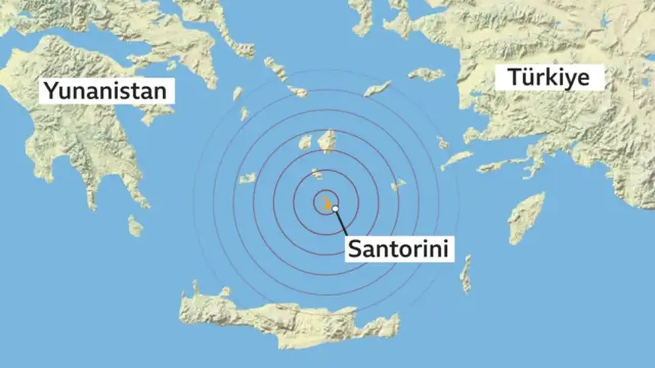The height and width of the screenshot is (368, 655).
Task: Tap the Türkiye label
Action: point(549,78)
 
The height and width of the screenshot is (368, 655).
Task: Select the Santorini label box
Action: point(399,249)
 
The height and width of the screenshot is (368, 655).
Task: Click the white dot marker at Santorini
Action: point(335,209)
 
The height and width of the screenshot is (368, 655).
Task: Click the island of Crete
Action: point(287,319)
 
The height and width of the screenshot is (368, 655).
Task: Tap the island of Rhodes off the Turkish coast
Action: point(526,218)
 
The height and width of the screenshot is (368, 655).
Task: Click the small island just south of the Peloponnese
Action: point(135,226)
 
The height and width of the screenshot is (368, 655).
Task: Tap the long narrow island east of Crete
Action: point(466,274)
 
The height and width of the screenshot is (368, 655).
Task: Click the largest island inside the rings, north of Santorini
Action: point(327,141)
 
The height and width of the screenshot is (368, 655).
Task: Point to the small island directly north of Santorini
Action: point(317,174)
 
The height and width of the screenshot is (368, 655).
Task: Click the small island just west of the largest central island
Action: point(305,142)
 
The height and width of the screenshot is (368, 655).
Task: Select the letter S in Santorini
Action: point(356,249)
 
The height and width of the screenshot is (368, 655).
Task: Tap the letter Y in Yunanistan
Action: point(50,91)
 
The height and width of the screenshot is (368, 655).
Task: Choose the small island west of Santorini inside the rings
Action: point(247,178)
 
